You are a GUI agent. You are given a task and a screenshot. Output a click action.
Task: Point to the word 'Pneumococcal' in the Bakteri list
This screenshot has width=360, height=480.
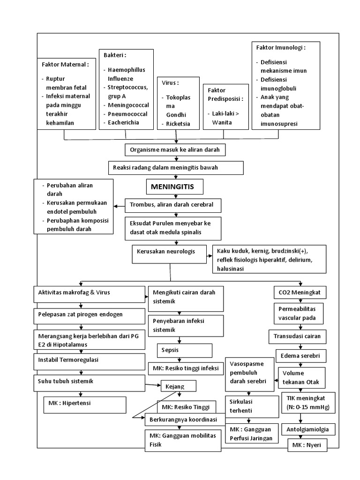124,114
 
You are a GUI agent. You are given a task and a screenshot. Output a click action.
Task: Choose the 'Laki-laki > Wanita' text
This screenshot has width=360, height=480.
223,118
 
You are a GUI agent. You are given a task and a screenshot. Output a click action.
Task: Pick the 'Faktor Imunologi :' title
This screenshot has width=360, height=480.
281,48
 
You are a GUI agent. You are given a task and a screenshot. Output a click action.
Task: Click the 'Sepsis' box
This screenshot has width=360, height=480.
184,350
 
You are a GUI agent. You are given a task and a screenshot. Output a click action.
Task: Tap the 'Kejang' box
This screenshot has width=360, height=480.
179,386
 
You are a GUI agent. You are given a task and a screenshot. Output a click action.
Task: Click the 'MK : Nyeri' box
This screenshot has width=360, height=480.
307,445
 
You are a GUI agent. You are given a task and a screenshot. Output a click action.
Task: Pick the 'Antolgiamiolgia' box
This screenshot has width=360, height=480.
307,429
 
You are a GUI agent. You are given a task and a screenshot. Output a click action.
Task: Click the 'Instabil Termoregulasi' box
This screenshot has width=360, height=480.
89,360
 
